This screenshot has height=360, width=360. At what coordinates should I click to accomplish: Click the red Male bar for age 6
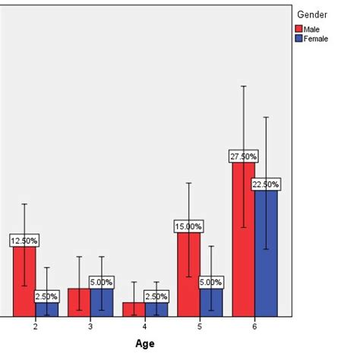coord(243,243)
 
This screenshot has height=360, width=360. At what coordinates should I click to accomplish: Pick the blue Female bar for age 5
coord(211,302)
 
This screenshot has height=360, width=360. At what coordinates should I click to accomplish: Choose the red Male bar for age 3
coord(79,302)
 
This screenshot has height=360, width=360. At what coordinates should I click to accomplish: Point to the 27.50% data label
coord(243,156)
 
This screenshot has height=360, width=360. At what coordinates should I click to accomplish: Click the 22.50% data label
coord(266,184)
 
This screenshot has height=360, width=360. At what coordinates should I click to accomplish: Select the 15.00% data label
coord(188,226)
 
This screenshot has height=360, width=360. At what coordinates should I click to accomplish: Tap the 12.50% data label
coord(24,240)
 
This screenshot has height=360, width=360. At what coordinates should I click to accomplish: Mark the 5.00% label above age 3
coord(101,282)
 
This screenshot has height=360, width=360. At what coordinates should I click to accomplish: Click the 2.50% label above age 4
coord(156,295)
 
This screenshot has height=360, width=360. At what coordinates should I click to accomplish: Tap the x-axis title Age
coord(145,343)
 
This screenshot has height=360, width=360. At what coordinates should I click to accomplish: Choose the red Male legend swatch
coord(298,29)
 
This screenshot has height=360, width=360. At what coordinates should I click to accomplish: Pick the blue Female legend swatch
coord(298,38)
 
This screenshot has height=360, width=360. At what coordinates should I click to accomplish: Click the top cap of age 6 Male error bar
coord(243,86)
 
